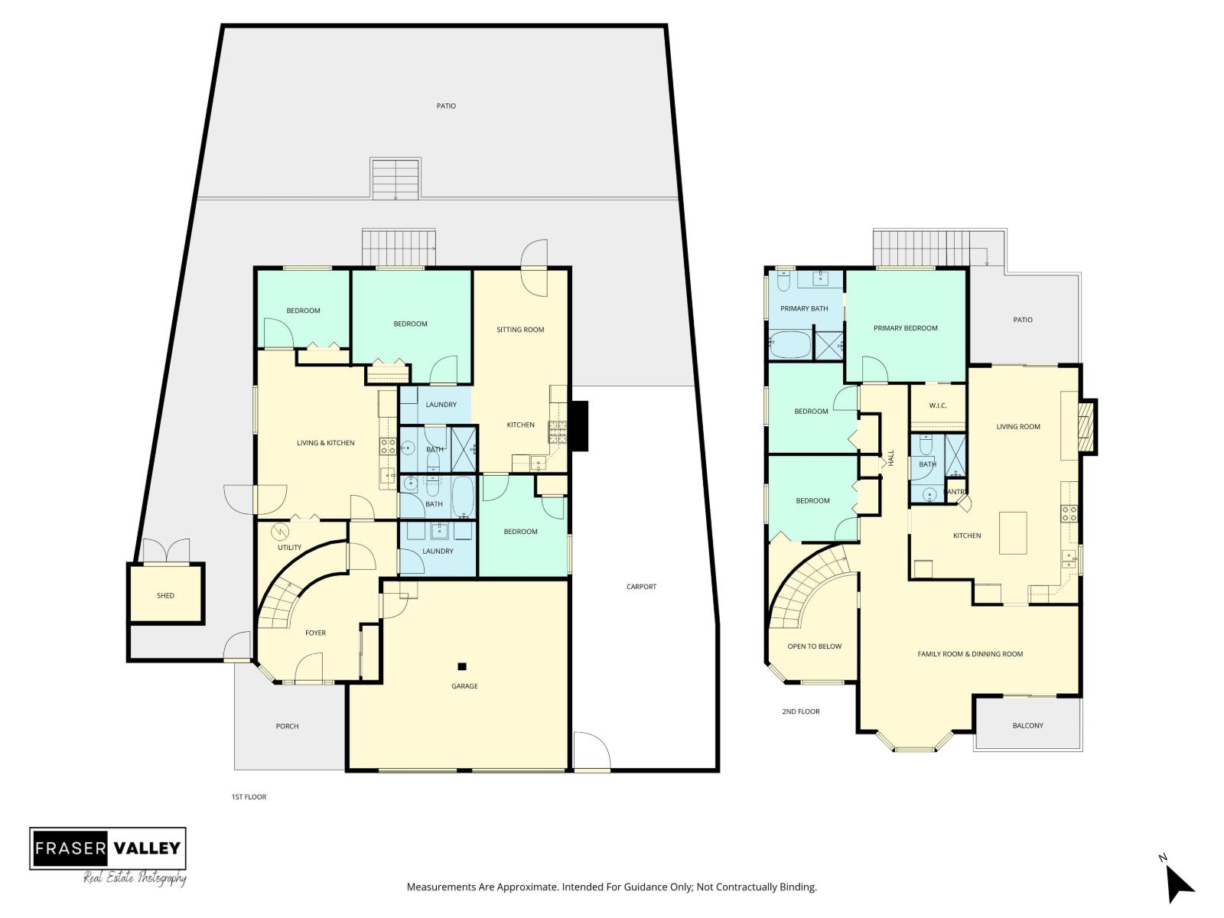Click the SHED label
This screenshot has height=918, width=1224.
pyautogui.click(x=165, y=595)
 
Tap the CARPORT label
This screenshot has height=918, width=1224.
pyautogui.click(x=641, y=587)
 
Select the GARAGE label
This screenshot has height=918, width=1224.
pyautogui.click(x=464, y=686)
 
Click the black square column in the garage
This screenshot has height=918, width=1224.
pyautogui.click(x=462, y=666)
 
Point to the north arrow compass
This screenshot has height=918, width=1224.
pyautogui.click(x=1179, y=884)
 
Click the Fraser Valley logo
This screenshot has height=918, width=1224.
pyautogui.click(x=108, y=848)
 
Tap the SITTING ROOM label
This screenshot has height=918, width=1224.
pyautogui.click(x=520, y=330)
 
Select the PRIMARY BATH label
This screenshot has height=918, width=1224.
pyautogui.click(x=804, y=308)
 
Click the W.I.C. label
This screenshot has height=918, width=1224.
pyautogui.click(x=938, y=405)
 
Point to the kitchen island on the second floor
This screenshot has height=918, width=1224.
pyautogui.click(x=1013, y=533)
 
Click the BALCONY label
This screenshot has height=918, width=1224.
pyautogui.click(x=1027, y=725)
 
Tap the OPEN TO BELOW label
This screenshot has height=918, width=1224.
pyautogui.click(x=814, y=646)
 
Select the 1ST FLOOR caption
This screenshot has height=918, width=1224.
pyautogui.click(x=249, y=797)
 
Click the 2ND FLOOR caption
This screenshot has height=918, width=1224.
pyautogui.click(x=800, y=711)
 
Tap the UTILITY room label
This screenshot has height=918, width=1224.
pyautogui.click(x=289, y=547)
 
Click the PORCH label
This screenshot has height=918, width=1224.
pyautogui.click(x=287, y=726)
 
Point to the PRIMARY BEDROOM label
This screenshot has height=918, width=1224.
pyautogui.click(x=905, y=328)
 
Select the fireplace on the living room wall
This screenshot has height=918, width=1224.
pyautogui.click(x=1086, y=426)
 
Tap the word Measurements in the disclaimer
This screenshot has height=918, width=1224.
pyautogui.click(x=441, y=887)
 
